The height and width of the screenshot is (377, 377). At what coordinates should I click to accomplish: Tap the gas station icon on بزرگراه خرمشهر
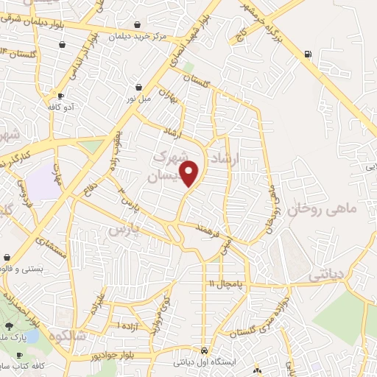tap(308, 53)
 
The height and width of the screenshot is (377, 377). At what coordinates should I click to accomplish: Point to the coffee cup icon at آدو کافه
tap(60, 96)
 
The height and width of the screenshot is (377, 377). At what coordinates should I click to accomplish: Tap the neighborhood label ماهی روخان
tap(321, 210)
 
